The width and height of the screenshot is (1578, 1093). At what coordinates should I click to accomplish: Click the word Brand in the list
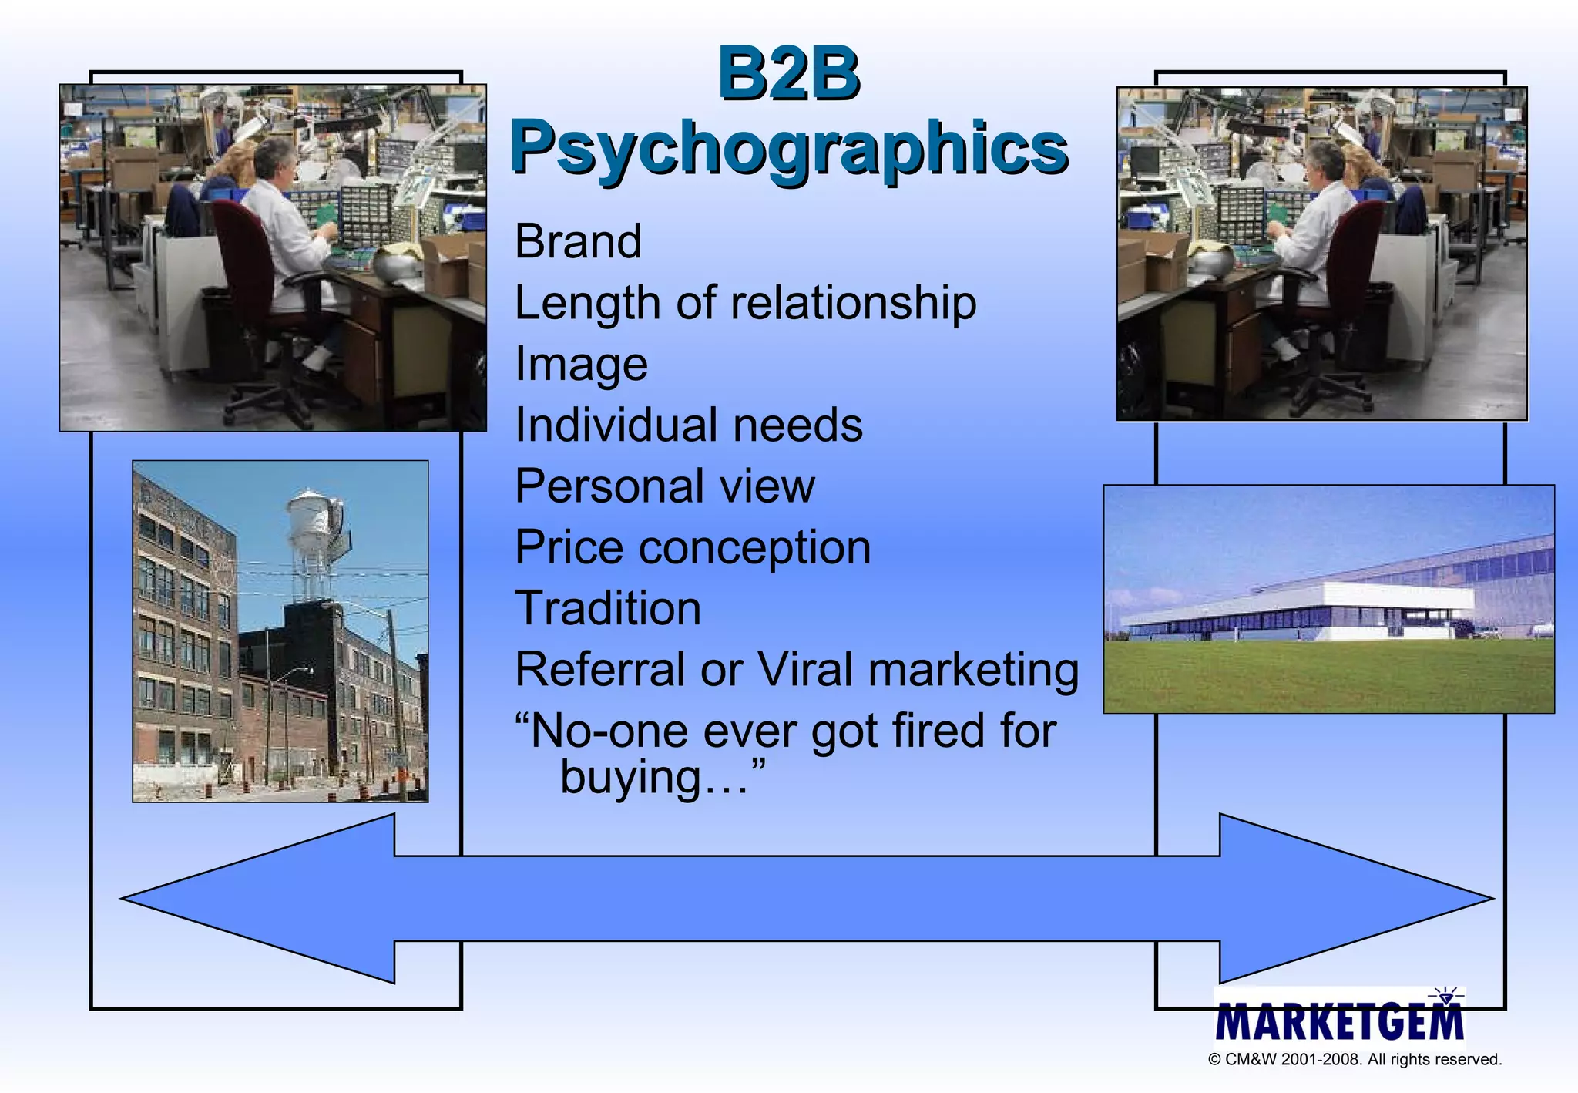tap(578, 241)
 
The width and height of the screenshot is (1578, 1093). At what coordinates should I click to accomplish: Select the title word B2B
tap(788, 74)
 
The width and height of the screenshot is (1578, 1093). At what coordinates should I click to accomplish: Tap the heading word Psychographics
tap(788, 148)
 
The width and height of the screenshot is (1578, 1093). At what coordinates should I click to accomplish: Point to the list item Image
tap(581, 364)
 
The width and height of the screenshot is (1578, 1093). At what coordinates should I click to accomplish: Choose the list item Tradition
tap(608, 608)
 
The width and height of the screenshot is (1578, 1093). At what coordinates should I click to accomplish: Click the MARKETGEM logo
tap(1339, 1022)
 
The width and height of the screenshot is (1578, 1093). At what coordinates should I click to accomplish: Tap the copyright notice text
tap(1355, 1060)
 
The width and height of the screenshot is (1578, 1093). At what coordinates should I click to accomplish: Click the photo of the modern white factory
tap(1329, 599)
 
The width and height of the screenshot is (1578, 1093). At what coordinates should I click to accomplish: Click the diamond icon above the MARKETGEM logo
tap(1446, 997)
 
